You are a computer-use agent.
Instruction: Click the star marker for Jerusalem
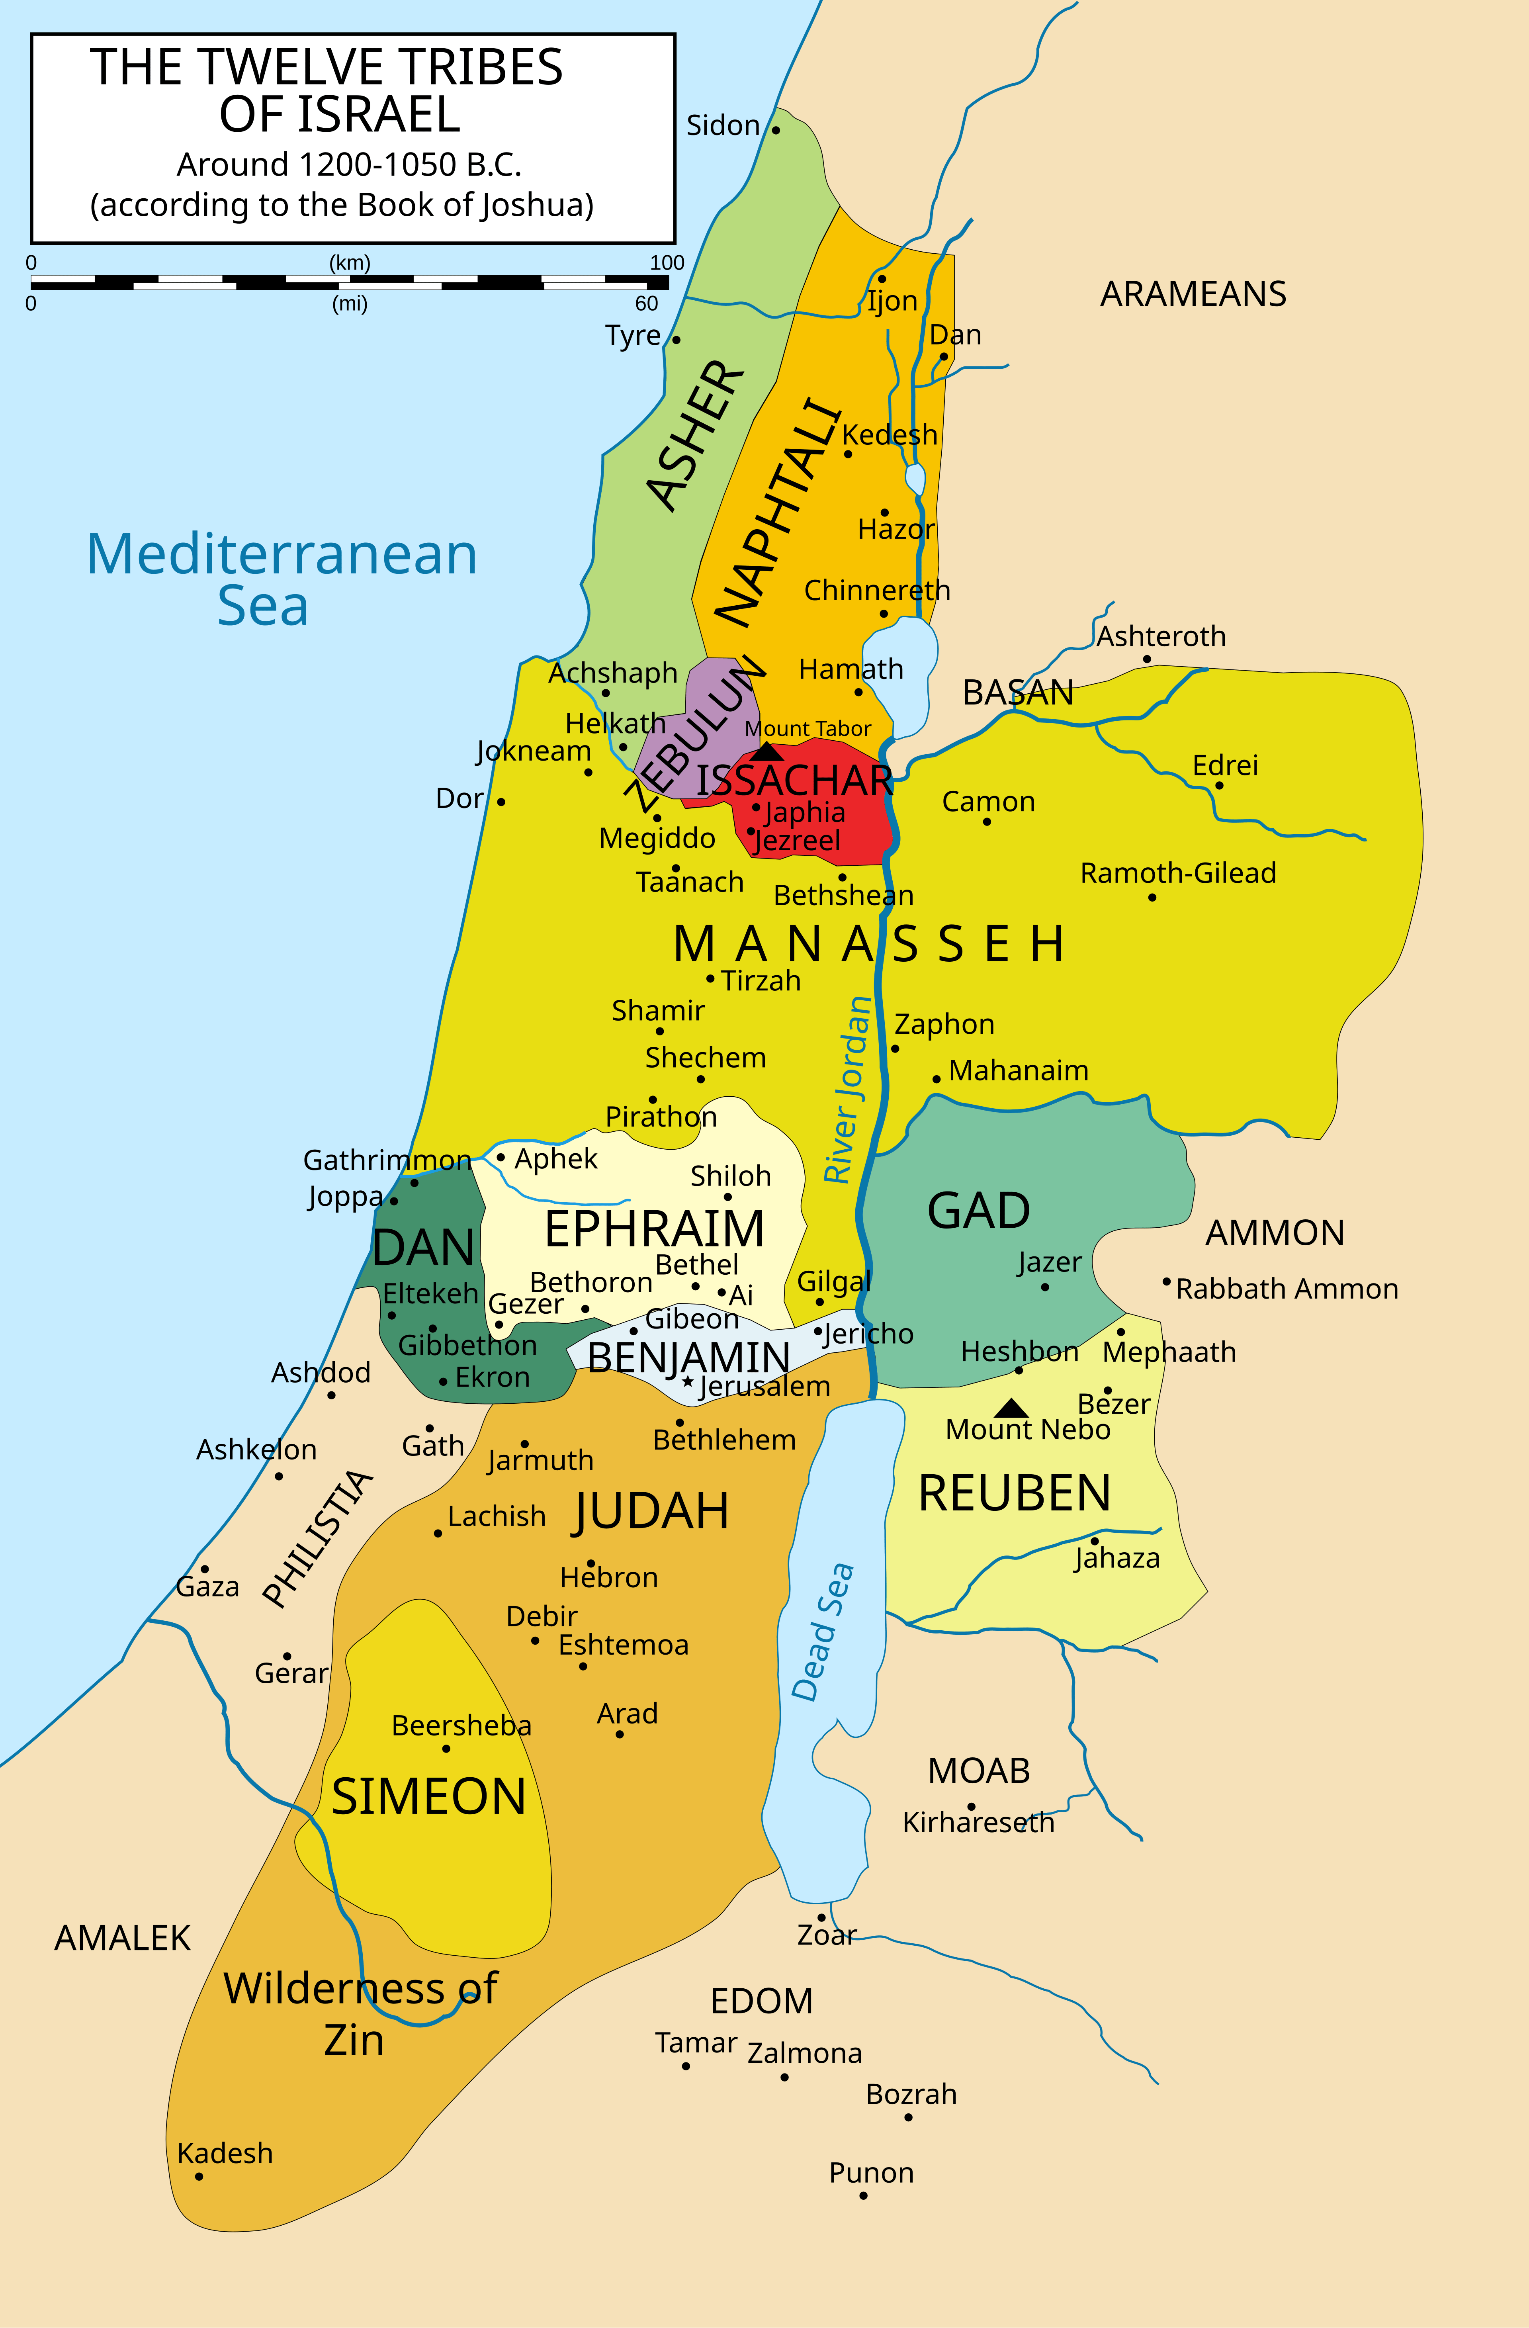(x=689, y=1382)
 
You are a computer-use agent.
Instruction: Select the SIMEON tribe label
(x=428, y=1797)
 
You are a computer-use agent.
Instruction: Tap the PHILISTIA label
(x=318, y=1539)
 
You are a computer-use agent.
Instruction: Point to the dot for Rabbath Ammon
(x=1166, y=1281)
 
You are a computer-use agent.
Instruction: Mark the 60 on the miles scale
(x=647, y=303)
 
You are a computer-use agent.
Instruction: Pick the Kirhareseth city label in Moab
(x=978, y=1822)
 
